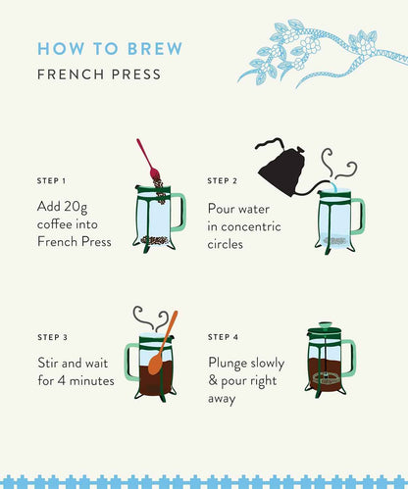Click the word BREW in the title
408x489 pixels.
155,49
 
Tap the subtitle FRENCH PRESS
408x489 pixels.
99,74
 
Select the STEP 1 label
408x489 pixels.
51,181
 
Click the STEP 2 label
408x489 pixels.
223,181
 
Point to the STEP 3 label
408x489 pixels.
52,337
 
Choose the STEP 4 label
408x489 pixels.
223,337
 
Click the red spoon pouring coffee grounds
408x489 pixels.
148,160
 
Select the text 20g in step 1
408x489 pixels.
76,207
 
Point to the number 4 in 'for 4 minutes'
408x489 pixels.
62,380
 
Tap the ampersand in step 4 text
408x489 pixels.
213,380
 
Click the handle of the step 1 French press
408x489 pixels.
180,212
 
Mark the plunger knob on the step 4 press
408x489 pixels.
325,325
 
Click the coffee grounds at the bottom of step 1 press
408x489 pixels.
155,240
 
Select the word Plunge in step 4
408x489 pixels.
228,364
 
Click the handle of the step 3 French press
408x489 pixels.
130,362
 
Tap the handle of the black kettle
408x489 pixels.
270,143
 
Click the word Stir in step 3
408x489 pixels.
48,363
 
